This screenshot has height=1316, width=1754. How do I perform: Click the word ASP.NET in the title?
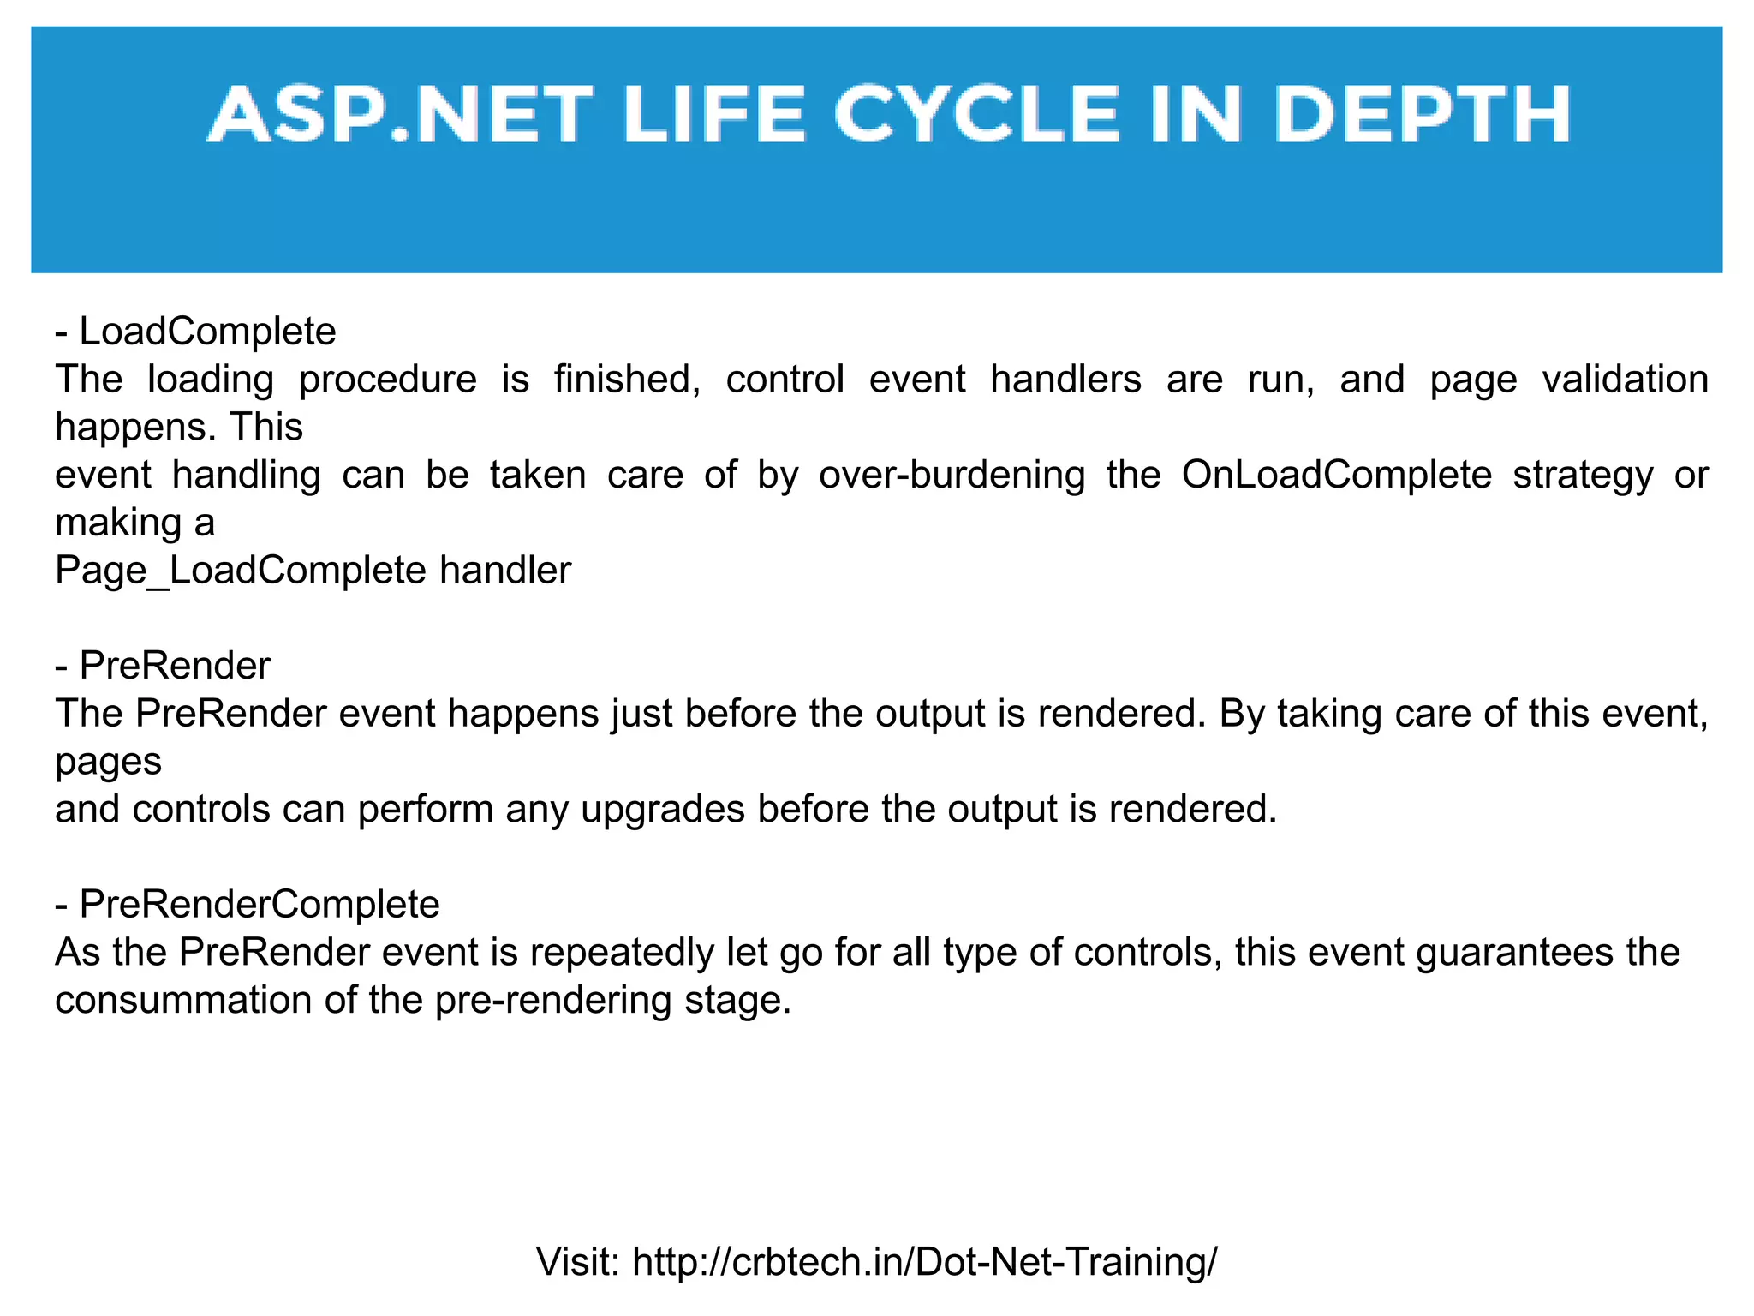click(x=400, y=115)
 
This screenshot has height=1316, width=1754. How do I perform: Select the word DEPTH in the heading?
click(x=1423, y=115)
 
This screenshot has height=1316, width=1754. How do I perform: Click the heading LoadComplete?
click(x=207, y=332)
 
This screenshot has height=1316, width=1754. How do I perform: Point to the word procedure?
click(x=387, y=380)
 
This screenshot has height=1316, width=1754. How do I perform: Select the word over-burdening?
click(x=952, y=476)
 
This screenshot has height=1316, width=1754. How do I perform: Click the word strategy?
click(x=1583, y=476)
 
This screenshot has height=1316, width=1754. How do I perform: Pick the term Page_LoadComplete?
click(x=240, y=571)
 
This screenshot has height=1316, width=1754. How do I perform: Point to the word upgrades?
click(x=663, y=810)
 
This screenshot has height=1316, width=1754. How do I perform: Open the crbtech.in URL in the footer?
click(x=924, y=1262)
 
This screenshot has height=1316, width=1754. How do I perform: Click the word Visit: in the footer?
click(x=578, y=1262)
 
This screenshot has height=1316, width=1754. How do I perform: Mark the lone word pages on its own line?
click(x=108, y=762)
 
